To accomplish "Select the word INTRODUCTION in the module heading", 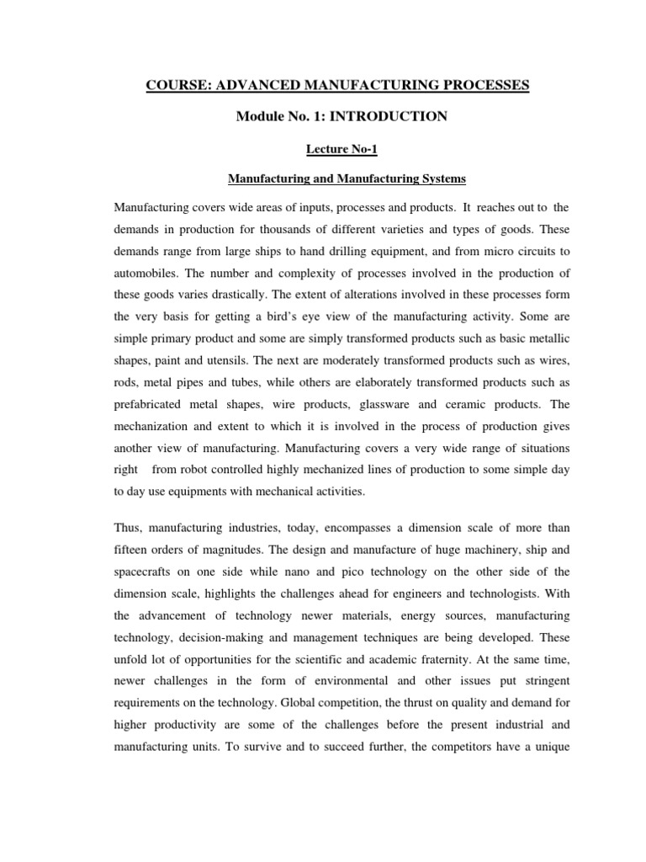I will point(399,117).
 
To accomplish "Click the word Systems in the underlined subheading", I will point(437,178).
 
